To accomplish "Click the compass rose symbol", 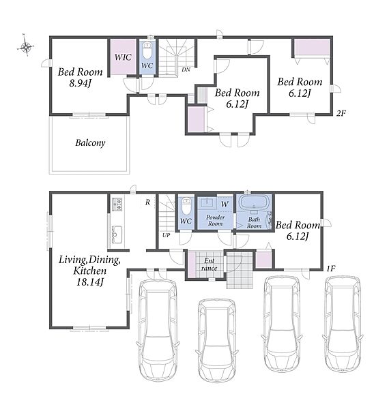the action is coord(26,46).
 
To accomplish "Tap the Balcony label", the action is coord(90,143).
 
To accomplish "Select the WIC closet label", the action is coord(123,57).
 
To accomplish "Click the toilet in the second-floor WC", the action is coord(147,51).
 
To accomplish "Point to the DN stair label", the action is coord(186,70).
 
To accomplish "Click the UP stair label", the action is coord(167,235).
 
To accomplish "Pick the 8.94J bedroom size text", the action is coord(80,83).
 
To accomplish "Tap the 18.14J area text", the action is coord(90,282).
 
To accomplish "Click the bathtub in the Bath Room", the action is coord(254,202).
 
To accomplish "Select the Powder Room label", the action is coord(216,220).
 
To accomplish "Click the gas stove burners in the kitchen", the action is coord(117,204).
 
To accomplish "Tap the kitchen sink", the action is coord(117,234).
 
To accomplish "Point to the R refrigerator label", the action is coord(148,202).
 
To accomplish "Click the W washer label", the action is coord(225,204).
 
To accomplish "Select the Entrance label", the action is coord(210,264).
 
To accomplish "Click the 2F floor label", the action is coord(341,113).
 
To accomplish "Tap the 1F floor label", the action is coord(331,269).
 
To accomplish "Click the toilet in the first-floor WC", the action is coord(186,206).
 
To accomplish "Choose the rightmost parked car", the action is coord(343,324).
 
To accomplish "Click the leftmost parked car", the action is coord(158,329).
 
